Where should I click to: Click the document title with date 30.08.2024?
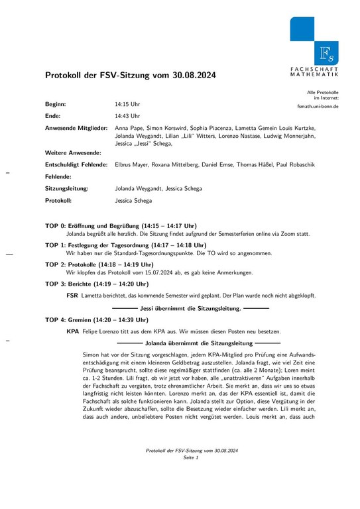tap(130, 76)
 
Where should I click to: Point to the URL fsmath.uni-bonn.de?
tap(318, 106)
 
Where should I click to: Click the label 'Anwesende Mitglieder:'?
tap(76, 127)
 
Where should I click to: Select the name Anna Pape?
tap(129, 127)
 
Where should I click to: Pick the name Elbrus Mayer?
tap(131, 164)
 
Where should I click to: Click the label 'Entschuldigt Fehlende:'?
tap(76, 164)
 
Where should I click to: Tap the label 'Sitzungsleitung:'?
tap(67, 188)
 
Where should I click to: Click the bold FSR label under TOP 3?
tap(72, 295)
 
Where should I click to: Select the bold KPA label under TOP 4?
tap(73, 331)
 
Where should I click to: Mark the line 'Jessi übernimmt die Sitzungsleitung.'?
tap(191, 308)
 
